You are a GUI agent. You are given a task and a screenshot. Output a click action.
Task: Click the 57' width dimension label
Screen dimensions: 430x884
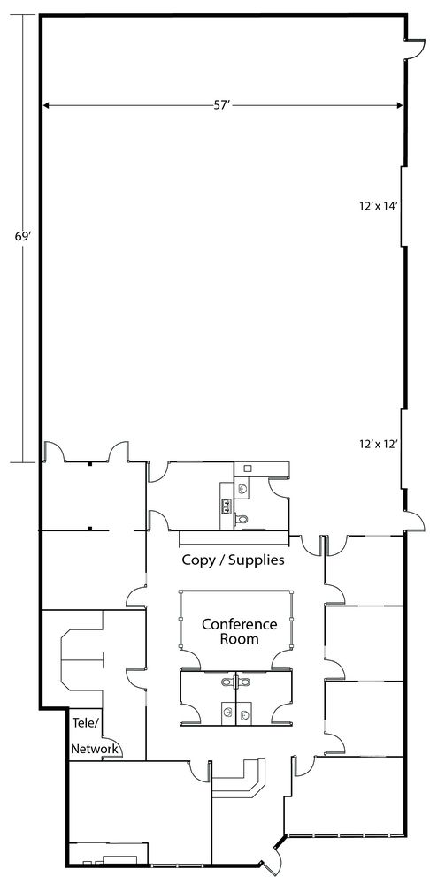(x=220, y=105)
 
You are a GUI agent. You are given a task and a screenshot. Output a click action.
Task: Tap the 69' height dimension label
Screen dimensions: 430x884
(x=22, y=237)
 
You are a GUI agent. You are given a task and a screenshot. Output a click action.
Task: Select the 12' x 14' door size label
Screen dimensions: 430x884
(x=380, y=206)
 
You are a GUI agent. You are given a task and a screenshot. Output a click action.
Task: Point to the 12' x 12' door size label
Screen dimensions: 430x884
(x=380, y=444)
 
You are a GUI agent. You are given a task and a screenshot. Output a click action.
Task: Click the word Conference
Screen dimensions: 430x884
(x=239, y=625)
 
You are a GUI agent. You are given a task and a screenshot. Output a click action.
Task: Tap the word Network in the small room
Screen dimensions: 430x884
(x=95, y=749)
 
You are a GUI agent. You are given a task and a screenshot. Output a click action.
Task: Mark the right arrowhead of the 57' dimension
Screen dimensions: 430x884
(x=399, y=105)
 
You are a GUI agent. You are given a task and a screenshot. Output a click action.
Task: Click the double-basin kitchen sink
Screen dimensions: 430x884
(x=227, y=505)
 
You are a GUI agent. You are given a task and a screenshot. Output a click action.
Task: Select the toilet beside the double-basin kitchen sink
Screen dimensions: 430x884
(x=242, y=520)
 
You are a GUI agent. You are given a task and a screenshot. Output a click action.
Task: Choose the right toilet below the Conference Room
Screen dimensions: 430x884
(x=244, y=682)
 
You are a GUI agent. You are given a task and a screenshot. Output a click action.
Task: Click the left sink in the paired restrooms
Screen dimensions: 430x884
(x=227, y=715)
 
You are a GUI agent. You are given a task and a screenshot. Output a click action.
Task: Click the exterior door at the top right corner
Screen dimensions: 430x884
(x=415, y=48)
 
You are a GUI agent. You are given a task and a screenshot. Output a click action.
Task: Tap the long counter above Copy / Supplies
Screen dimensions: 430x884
(x=234, y=538)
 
